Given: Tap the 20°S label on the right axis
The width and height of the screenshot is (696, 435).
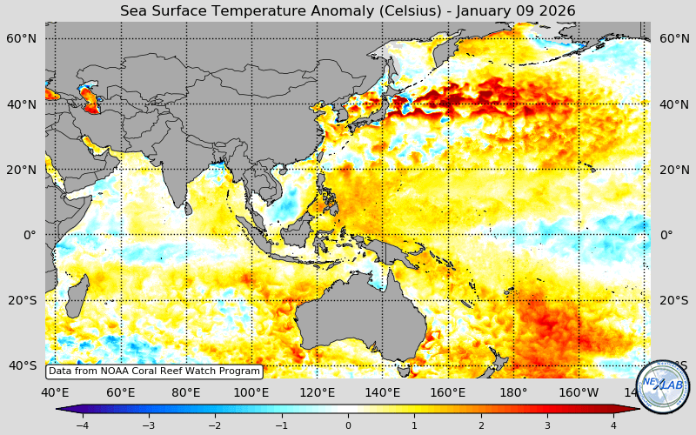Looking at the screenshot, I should (673, 300).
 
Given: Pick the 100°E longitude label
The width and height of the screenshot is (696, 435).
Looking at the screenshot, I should (252, 391).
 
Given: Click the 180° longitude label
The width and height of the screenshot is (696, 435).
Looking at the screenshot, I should (513, 391).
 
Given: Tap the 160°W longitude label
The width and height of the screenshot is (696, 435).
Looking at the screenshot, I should (579, 391).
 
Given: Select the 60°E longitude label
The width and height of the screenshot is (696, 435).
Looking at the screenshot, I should (121, 391).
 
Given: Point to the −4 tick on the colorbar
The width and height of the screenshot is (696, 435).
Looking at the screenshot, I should (82, 425).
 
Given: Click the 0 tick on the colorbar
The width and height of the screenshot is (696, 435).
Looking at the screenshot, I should (348, 425).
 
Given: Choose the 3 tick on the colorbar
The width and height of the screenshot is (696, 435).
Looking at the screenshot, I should (547, 425).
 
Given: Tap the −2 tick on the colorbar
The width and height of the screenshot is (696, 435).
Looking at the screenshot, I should (215, 425).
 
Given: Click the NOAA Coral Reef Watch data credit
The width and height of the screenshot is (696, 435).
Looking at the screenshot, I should (154, 371).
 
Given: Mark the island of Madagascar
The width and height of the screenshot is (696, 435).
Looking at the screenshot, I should (77, 296).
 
